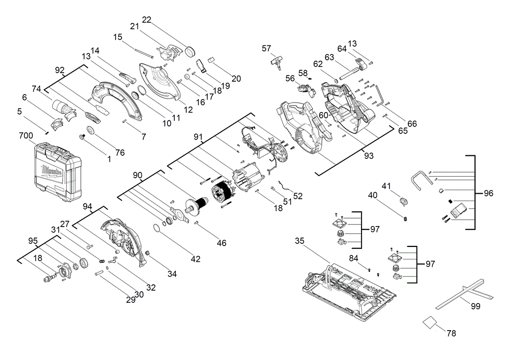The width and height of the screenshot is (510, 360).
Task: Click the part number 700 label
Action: click(26, 135)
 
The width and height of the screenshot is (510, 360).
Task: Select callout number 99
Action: click(476, 306)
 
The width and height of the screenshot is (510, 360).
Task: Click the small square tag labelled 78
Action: click(429, 323)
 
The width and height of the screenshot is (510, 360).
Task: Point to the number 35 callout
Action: click(299, 240)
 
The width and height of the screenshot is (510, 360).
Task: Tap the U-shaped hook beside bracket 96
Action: click(421, 180)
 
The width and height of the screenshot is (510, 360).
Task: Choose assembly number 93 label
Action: click(369, 156)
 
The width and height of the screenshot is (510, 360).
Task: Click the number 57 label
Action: click(266, 48)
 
